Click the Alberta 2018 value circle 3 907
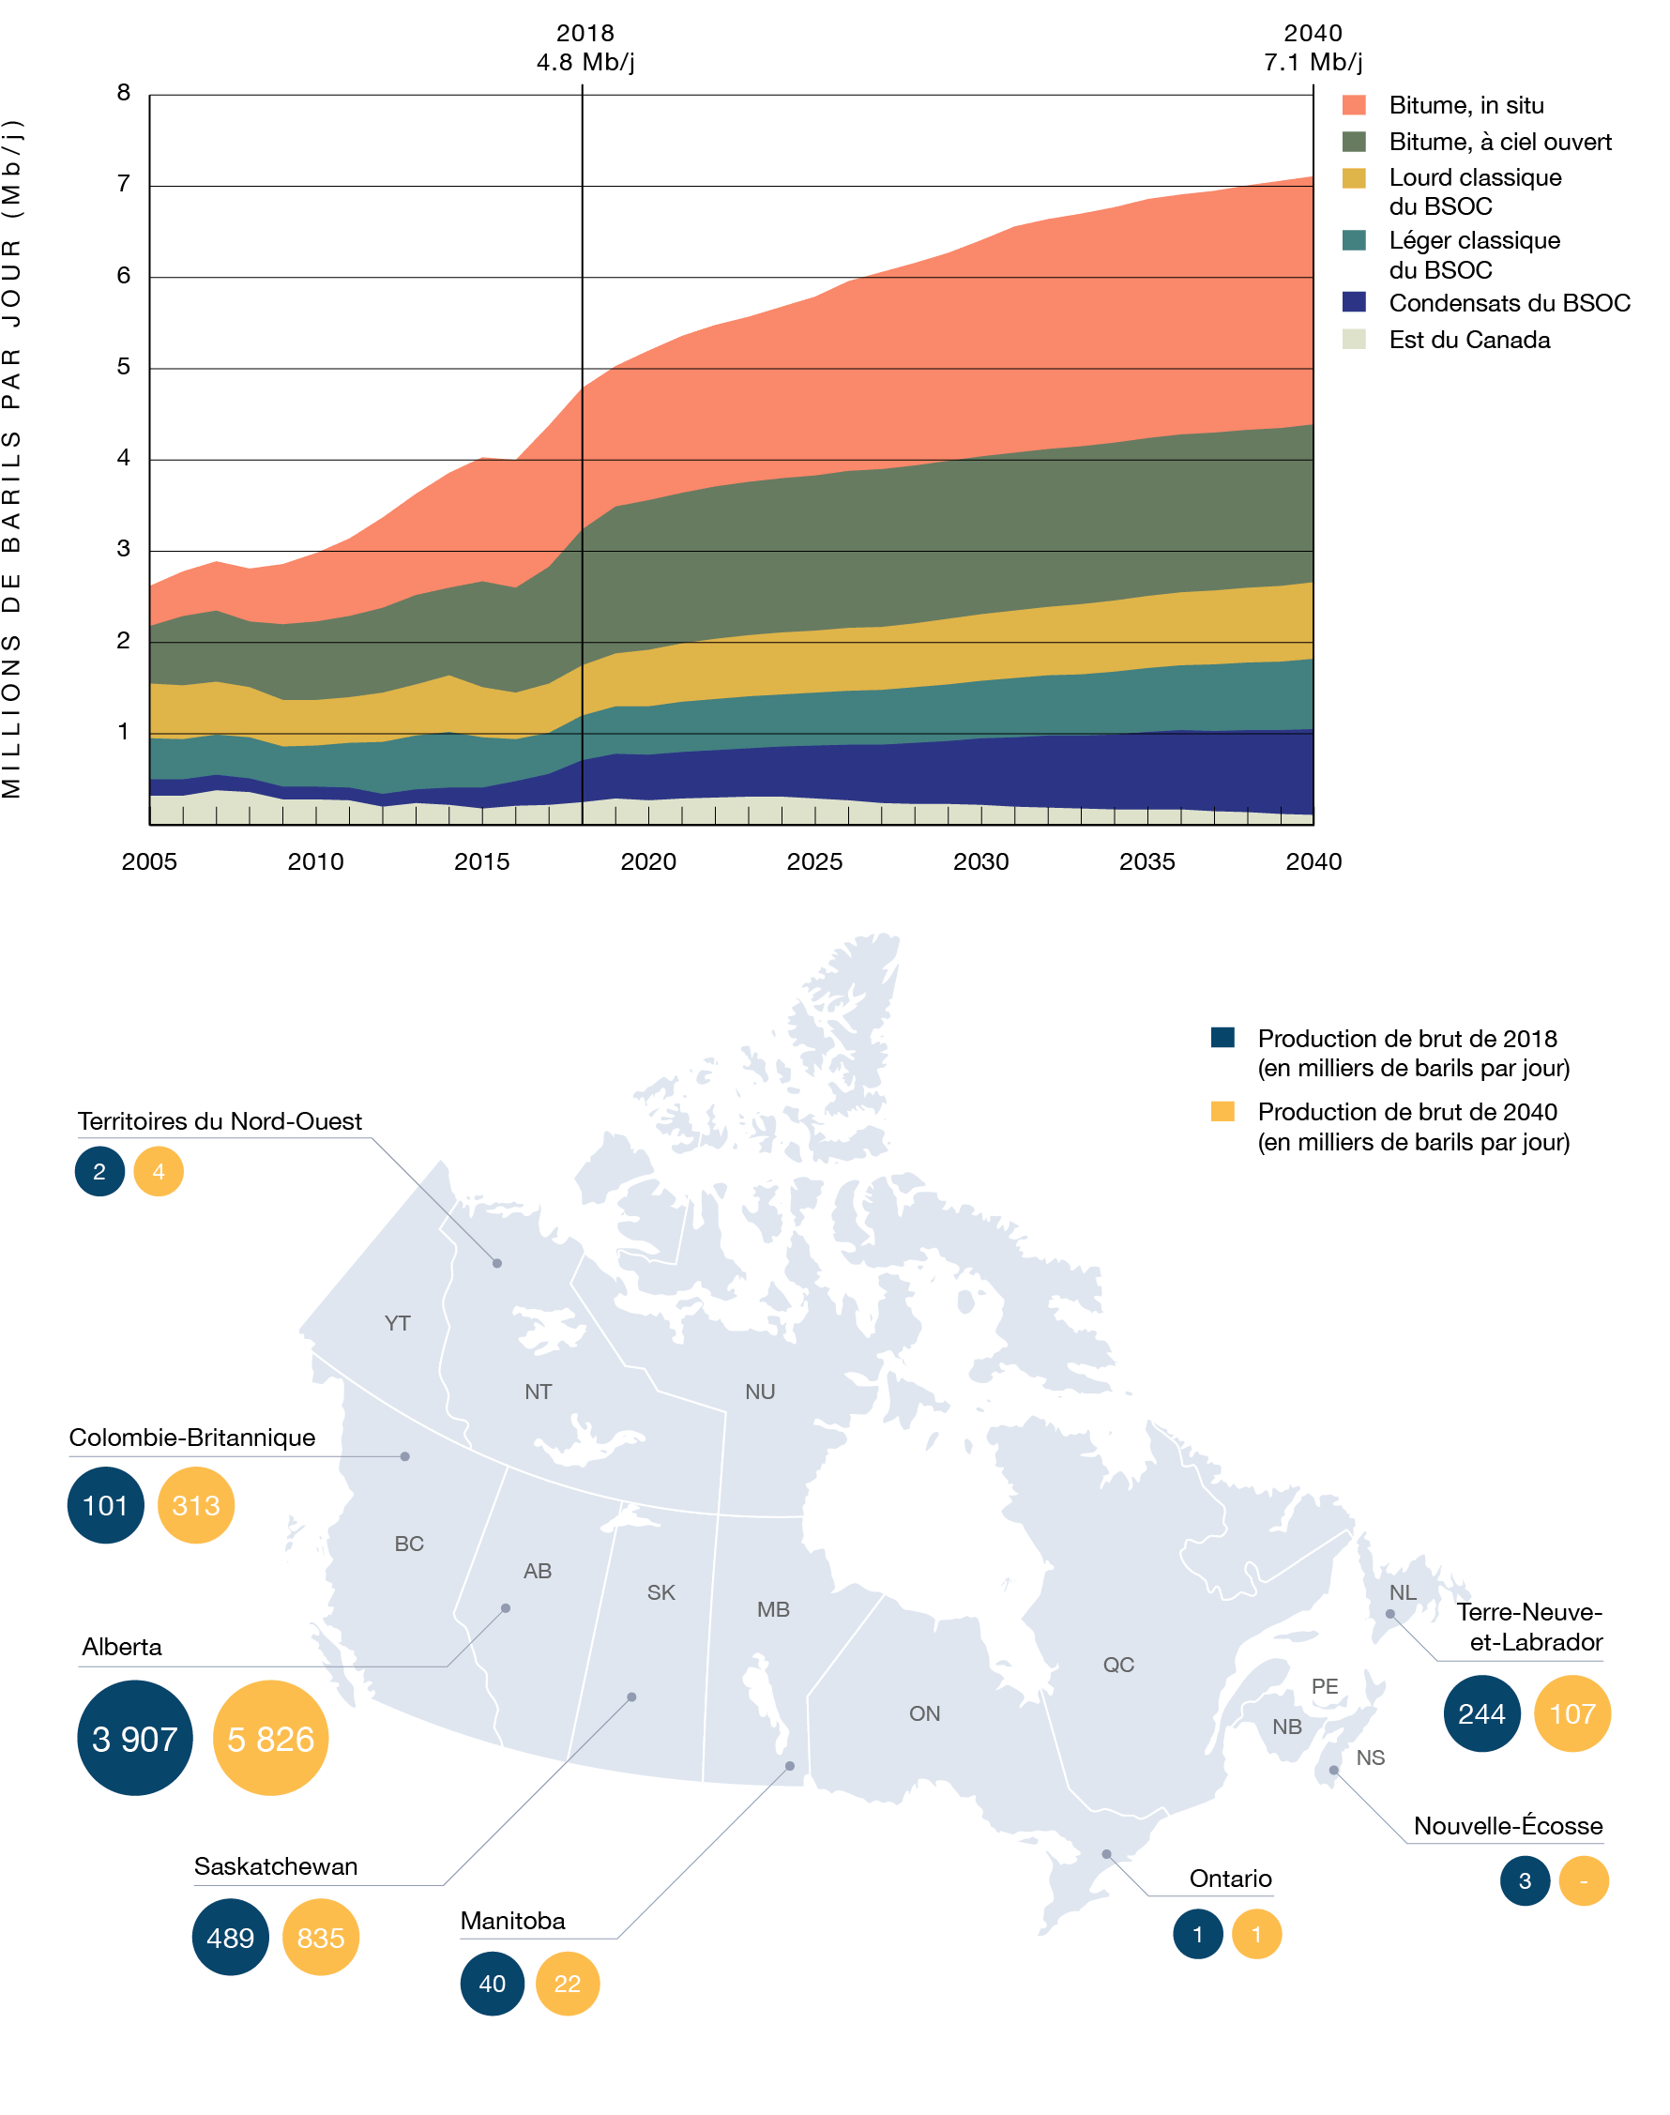tap(135, 1739)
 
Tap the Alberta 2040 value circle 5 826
tap(271, 1739)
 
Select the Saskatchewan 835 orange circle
tap(321, 1937)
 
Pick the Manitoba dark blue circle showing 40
tap(492, 1983)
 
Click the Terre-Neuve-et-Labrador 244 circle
tap(1481, 1713)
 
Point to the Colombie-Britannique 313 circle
tap(195, 1505)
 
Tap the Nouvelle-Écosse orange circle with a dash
tap(1583, 1880)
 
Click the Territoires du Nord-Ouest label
tap(220, 1121)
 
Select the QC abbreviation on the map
tap(1118, 1665)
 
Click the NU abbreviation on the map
tap(760, 1392)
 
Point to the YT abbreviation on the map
tap(397, 1323)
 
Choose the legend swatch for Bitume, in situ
tap(1354, 106)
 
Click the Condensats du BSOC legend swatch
tap(1354, 302)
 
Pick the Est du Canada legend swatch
tap(1354, 340)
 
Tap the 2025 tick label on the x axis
tap(814, 861)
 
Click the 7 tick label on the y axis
tap(123, 184)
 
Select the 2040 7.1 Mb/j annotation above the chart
tap(1313, 48)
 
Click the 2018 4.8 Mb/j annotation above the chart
tap(584, 48)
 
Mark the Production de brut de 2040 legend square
tap(1222, 1112)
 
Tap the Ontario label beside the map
tap(1230, 1879)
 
